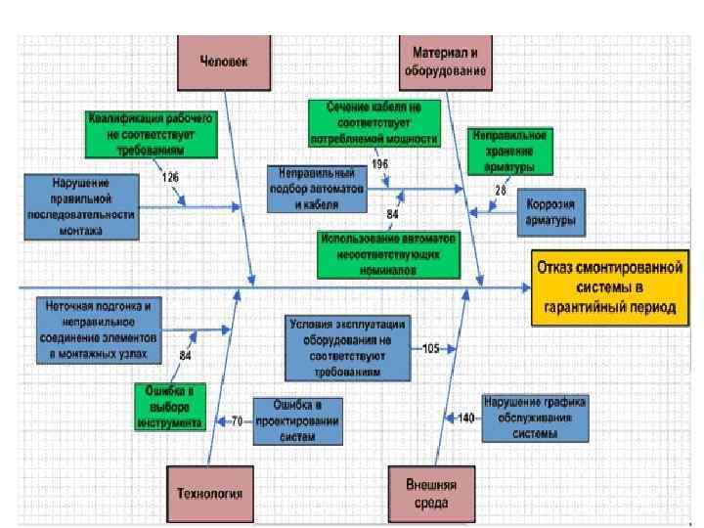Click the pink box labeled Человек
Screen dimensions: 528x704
pyautogui.click(x=224, y=61)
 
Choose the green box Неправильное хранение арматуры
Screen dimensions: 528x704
pyautogui.click(x=508, y=148)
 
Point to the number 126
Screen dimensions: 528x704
pyautogui.click(x=171, y=177)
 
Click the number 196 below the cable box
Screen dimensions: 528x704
pyautogui.click(x=379, y=165)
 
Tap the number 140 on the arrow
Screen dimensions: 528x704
pyautogui.click(x=465, y=418)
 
